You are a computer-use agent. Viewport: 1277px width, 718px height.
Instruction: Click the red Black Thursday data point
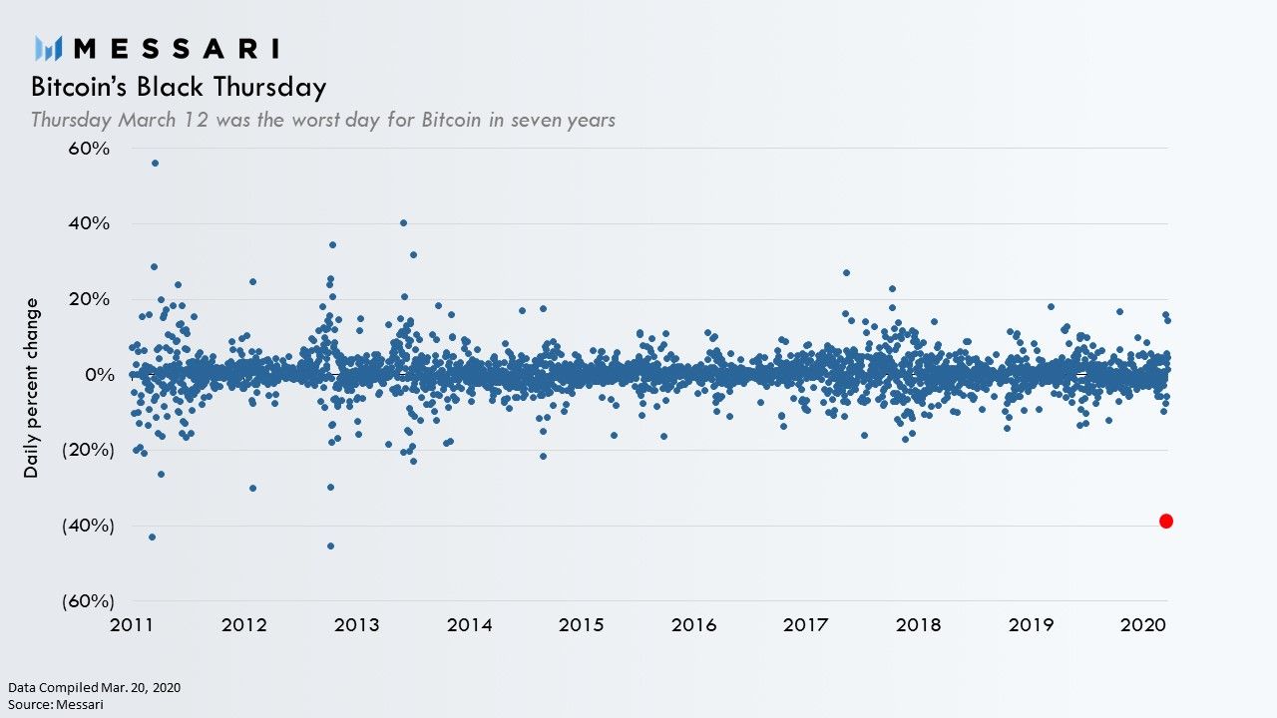coord(1165,521)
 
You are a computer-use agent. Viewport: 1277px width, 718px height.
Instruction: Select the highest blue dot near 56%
coord(155,163)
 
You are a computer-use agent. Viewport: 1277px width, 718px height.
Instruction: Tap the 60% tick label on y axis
coord(89,149)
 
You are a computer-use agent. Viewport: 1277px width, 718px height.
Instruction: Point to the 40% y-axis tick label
coord(89,223)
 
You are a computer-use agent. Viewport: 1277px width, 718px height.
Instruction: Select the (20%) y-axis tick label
coord(85,450)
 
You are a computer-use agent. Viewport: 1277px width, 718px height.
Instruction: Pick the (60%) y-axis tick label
coord(85,601)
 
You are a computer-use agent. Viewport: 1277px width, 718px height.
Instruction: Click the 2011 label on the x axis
coord(132,625)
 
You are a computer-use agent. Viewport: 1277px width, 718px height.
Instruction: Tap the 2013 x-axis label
coord(356,625)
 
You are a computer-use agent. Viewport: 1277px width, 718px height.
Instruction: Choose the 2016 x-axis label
coord(693,625)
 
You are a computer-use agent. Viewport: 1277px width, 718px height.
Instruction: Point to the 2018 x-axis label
coord(918,625)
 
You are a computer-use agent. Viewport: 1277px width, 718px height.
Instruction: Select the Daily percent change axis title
coord(32,387)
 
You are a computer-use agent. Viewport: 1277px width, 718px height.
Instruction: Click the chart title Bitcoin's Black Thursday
coord(179,87)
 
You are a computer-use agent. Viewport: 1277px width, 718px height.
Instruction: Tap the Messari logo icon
coord(49,48)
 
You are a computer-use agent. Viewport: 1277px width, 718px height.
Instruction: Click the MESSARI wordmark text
coord(177,48)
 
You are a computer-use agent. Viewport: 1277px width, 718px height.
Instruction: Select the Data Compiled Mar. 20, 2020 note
coord(95,687)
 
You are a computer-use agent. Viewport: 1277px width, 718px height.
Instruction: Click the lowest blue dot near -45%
coord(330,545)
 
